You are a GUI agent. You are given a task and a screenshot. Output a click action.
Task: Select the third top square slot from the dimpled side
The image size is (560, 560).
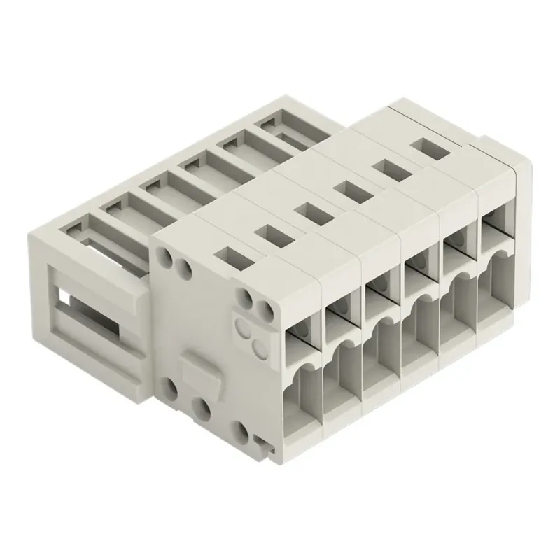click(x=307, y=209)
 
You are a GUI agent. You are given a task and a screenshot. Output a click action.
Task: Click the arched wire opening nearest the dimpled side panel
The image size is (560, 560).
click(x=306, y=388)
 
